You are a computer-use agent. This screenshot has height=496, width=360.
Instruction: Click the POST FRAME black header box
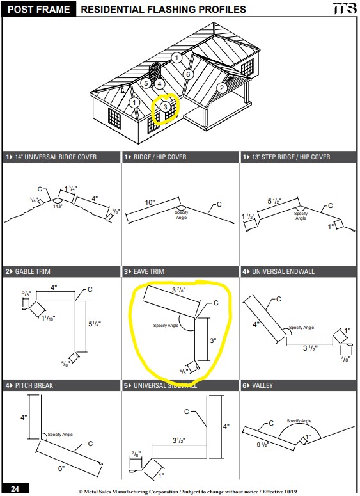[x=38, y=9]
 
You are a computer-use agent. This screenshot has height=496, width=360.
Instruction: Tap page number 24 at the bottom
[x=15, y=488]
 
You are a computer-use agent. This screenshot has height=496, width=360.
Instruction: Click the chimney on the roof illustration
[x=155, y=74]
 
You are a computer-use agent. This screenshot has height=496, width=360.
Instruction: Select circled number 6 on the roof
[x=188, y=74]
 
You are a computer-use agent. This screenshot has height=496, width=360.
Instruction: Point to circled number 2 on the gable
[x=221, y=88]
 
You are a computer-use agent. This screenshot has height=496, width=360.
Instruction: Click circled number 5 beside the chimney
[x=146, y=83]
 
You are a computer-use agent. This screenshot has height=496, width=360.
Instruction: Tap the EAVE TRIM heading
[x=149, y=271]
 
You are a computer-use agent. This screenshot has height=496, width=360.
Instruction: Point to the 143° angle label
[x=58, y=206]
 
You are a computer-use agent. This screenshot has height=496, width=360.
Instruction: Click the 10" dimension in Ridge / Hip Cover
[x=150, y=202]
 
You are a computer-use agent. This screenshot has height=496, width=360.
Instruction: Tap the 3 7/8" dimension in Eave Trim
[x=179, y=290]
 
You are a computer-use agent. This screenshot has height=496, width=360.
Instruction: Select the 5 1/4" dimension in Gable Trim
[x=95, y=324]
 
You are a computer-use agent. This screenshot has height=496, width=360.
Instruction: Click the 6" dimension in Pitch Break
[x=61, y=468]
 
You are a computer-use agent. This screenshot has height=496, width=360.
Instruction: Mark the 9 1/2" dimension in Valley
[x=263, y=444]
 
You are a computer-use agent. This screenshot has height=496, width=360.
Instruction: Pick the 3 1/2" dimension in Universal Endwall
[x=310, y=348]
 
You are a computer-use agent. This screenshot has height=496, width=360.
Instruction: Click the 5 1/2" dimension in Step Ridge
[x=274, y=201]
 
